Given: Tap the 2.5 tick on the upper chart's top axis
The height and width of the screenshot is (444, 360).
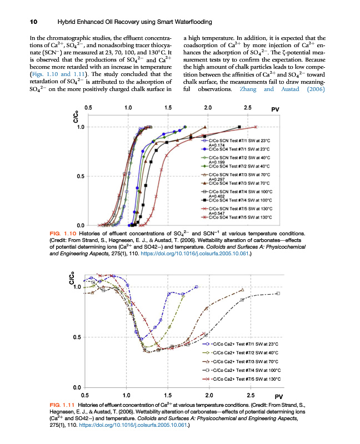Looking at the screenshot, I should (x=247, y=107).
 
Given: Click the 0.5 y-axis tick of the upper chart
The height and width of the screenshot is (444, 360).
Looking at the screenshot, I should (x=81, y=176).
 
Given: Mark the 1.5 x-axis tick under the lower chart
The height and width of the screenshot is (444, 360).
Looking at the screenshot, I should (x=167, y=396).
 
